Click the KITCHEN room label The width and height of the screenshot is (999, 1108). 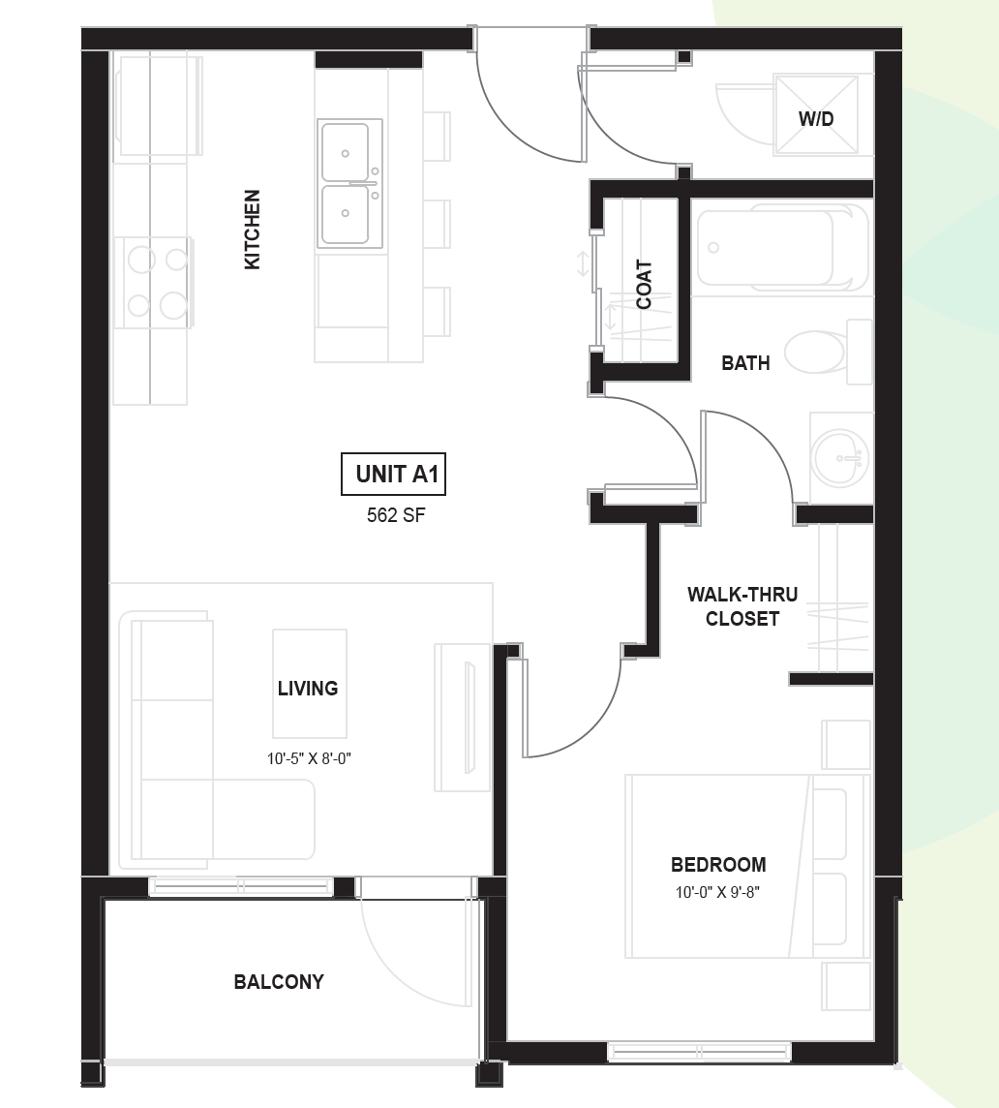click(x=253, y=229)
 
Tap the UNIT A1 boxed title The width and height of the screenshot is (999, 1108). click(x=394, y=475)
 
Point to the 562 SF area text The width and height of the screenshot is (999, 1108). click(x=396, y=515)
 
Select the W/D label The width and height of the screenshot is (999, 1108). click(x=816, y=118)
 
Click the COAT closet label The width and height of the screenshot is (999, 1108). click(x=644, y=285)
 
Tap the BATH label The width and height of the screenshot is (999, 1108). click(x=745, y=362)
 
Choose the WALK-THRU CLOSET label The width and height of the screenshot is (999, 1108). click(x=742, y=606)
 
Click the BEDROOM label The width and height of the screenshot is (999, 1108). click(x=718, y=864)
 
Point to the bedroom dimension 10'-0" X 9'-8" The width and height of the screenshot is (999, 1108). click(x=717, y=892)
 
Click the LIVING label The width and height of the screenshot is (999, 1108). click(x=307, y=688)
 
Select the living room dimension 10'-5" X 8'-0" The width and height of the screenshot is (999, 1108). click(x=309, y=759)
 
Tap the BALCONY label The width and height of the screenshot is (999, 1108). click(x=279, y=981)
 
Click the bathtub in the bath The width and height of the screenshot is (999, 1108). click(x=782, y=247)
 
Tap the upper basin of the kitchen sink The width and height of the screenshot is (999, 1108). click(x=345, y=152)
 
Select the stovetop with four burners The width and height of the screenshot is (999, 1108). click(x=157, y=283)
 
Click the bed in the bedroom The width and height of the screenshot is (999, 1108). click(x=747, y=866)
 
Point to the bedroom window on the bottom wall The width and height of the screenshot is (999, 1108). click(x=699, y=1052)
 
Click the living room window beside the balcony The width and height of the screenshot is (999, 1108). click(x=240, y=886)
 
